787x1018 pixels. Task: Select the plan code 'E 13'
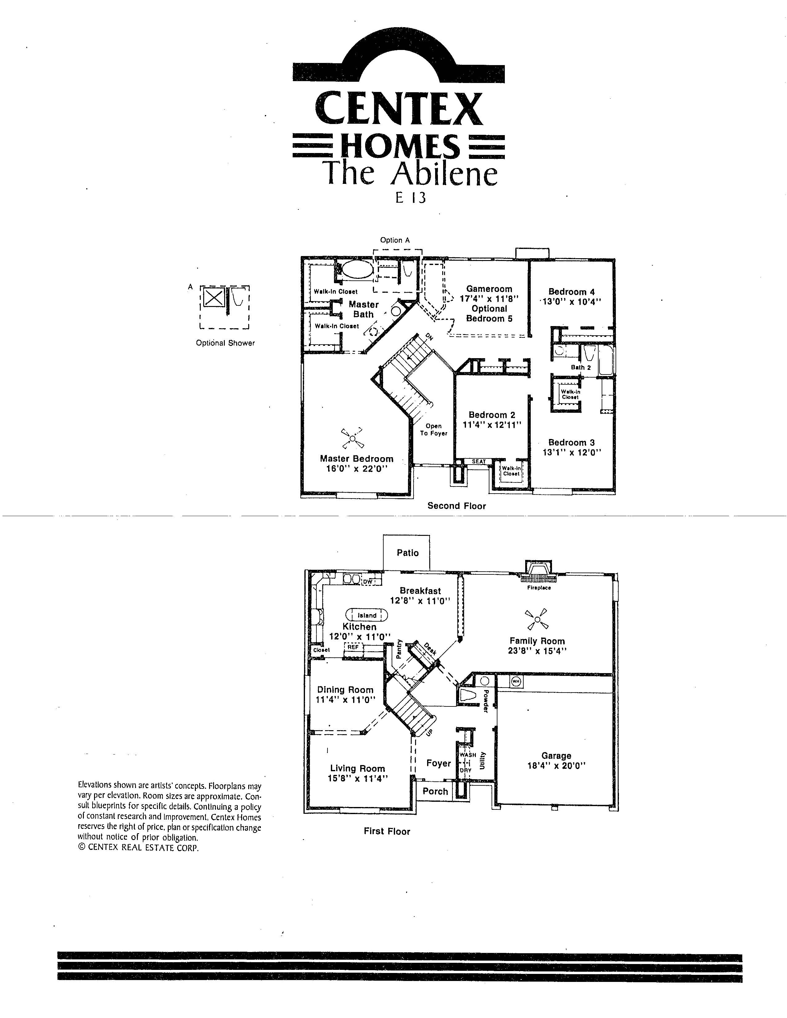[410, 198]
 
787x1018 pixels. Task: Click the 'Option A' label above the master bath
[395, 240]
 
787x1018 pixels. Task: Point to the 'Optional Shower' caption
[225, 343]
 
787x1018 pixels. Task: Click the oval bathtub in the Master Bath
[357, 269]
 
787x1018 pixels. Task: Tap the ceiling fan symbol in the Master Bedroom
[353, 438]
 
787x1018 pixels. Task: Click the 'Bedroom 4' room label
[571, 292]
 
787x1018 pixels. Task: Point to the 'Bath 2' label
[581, 367]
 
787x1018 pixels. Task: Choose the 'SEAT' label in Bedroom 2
[479, 461]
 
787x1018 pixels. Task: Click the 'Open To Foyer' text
[433, 429]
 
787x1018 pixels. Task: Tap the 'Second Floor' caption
[457, 506]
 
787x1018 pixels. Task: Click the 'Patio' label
[408, 553]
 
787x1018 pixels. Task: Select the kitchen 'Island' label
[367, 615]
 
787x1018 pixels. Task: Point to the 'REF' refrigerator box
[353, 647]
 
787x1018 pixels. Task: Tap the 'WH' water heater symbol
[515, 681]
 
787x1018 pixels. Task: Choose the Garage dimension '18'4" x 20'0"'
[556, 765]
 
